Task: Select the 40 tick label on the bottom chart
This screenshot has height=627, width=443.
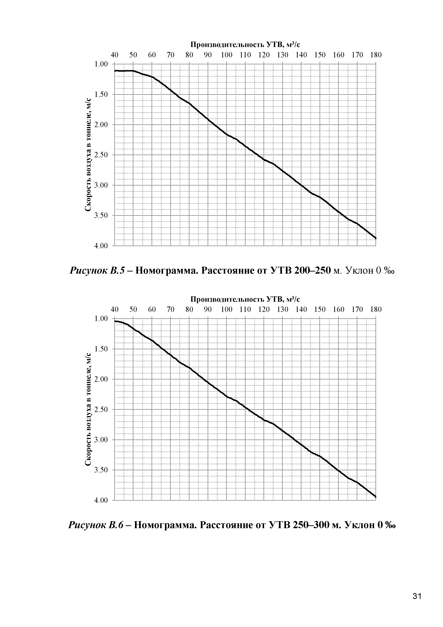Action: pyautogui.click(x=115, y=309)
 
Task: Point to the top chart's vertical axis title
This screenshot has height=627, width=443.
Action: pyautogui.click(x=88, y=155)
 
